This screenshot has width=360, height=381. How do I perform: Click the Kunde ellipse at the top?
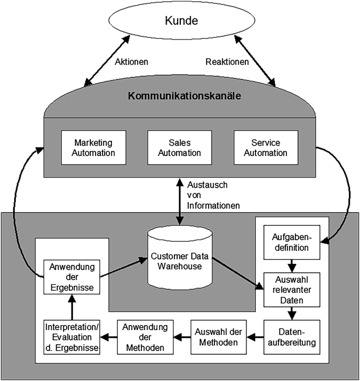pyautogui.click(x=180, y=22)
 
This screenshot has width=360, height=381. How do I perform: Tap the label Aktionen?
pyautogui.click(x=131, y=61)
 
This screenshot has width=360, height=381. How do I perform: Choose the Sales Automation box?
pyautogui.click(x=180, y=148)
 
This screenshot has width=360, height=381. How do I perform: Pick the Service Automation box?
pyautogui.click(x=266, y=148)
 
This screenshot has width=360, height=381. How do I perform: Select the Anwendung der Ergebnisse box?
pyautogui.click(x=68, y=276)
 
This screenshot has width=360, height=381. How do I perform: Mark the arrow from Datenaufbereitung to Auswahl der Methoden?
pyautogui.click(x=255, y=335)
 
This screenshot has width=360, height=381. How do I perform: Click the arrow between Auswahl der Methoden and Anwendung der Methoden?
pyautogui.click(x=181, y=335)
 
